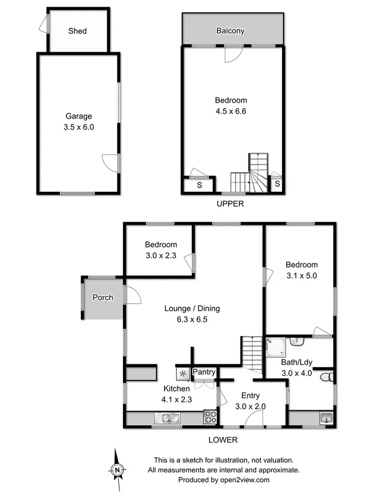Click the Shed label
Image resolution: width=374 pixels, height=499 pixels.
(78, 31)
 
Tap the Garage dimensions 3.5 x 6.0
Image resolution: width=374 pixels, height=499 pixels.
(79, 126)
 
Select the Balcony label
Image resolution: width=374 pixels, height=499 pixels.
(230, 31)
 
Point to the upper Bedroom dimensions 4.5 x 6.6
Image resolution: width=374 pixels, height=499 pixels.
(230, 111)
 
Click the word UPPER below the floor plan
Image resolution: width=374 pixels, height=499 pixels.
(230, 203)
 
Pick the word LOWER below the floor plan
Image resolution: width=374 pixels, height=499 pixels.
(223, 440)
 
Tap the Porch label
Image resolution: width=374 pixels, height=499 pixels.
(103, 298)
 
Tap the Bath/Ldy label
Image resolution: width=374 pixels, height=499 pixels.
(297, 363)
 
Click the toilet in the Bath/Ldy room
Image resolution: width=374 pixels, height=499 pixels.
(329, 378)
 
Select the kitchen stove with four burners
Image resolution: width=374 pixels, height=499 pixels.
(210, 417)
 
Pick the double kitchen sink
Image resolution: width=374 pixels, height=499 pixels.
(167, 418)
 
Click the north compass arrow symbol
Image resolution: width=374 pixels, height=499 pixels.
(117, 469)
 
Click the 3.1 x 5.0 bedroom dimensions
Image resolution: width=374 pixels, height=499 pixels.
(302, 275)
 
